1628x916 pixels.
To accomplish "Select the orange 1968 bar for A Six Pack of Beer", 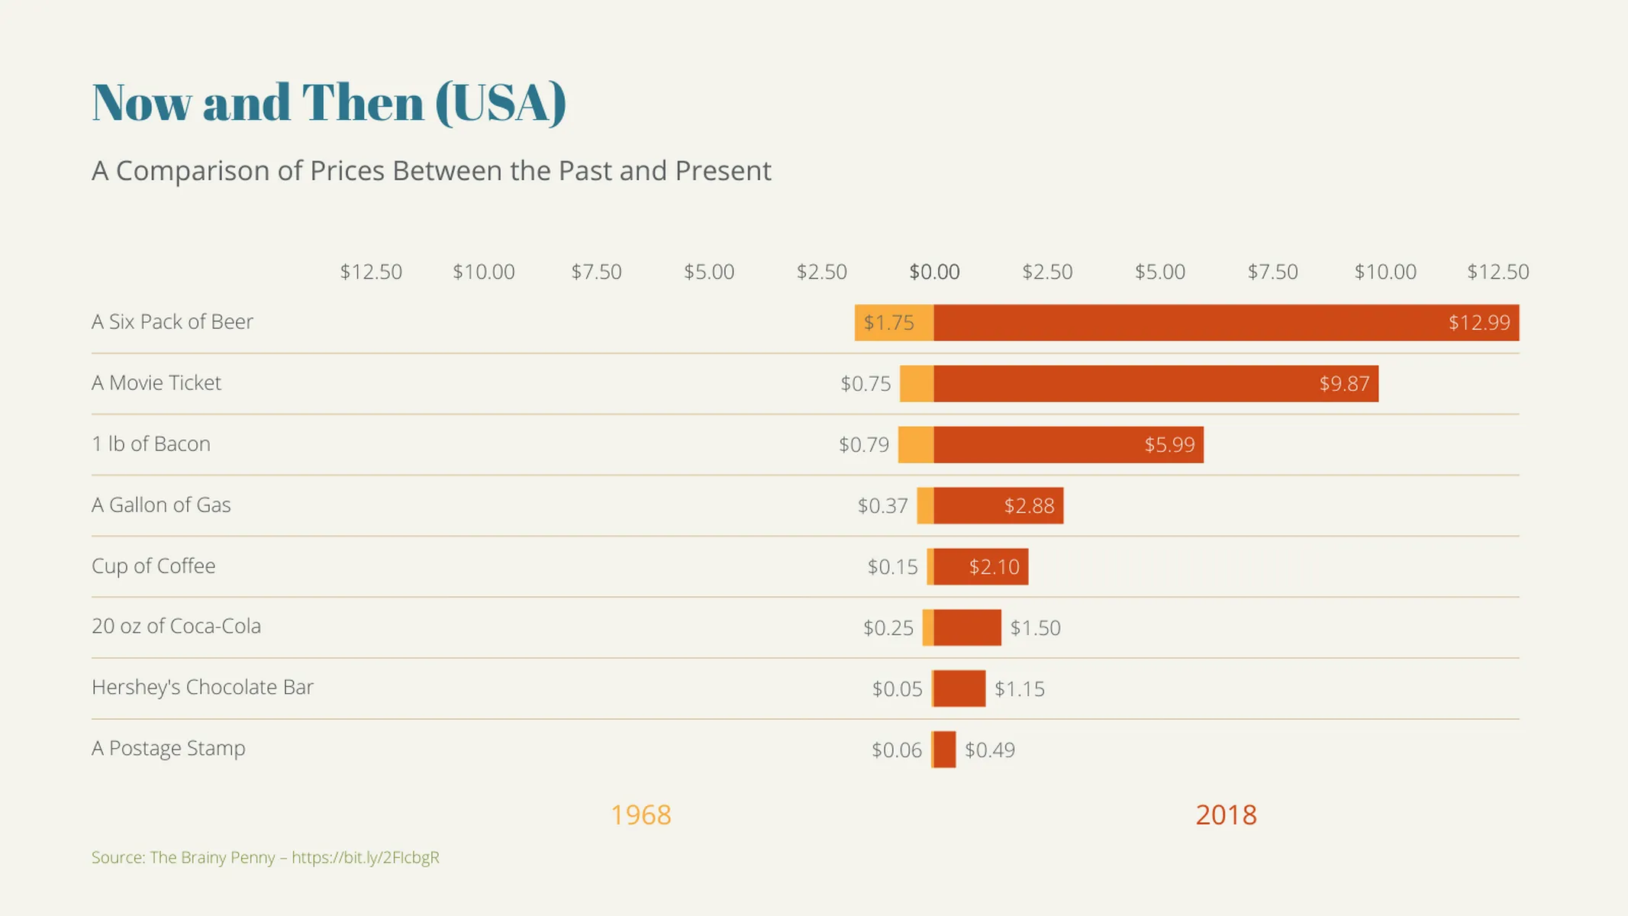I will pyautogui.click(x=894, y=323).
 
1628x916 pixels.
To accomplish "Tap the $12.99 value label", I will pyautogui.click(x=1478, y=323).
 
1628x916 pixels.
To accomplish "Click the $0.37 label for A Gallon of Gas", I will pyautogui.click(x=882, y=506).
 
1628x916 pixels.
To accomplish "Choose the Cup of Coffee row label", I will pyautogui.click(x=153, y=566).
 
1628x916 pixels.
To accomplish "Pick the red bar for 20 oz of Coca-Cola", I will pyautogui.click(x=967, y=627).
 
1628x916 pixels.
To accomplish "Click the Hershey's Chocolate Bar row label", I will pyautogui.click(x=202, y=687).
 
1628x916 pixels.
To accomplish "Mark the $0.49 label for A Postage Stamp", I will pyautogui.click(x=989, y=750).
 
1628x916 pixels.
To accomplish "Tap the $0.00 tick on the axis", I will pyautogui.click(x=934, y=272).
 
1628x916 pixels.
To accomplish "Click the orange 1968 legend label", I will pyautogui.click(x=640, y=815).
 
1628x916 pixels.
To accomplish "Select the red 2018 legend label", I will pyautogui.click(x=1226, y=815).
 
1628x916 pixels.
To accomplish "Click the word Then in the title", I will pyautogui.click(x=363, y=102).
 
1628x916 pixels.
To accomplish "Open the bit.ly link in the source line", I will pyautogui.click(x=365, y=857).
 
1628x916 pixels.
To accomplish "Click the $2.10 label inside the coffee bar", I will pyautogui.click(x=994, y=567).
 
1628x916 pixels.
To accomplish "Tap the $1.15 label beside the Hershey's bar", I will pyautogui.click(x=1019, y=689).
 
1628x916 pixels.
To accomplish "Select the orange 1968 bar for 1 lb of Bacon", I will pyautogui.click(x=916, y=445).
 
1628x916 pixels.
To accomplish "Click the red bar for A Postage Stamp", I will pyautogui.click(x=944, y=750).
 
